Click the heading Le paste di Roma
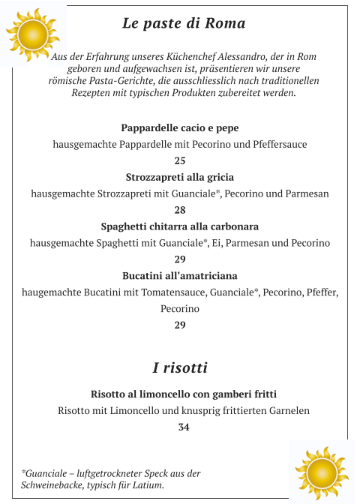coord(184,23)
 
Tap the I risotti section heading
coord(180,368)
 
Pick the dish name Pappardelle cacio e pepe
coord(180,127)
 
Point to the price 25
coord(180,160)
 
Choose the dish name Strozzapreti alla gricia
coord(180,177)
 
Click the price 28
coord(180,210)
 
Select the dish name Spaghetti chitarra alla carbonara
coord(180,226)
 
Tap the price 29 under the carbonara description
coord(180,259)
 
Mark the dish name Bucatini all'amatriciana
coord(180,276)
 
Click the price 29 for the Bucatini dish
coord(180,325)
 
